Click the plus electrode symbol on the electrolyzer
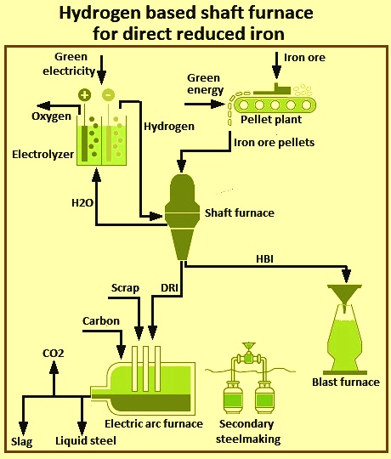pyautogui.click(x=84, y=95)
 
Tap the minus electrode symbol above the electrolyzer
pyautogui.click(x=108, y=95)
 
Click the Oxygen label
pyautogui.click(x=52, y=116)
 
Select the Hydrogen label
pyautogui.click(x=169, y=127)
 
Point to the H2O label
pyautogui.click(x=82, y=202)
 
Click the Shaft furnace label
pyautogui.click(x=240, y=212)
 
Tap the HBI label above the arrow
pyautogui.click(x=265, y=258)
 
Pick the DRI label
pyautogui.click(x=169, y=288)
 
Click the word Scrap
pyautogui.click(x=125, y=288)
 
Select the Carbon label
pyautogui.click(x=101, y=320)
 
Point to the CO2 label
pyautogui.click(x=54, y=354)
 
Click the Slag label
pyautogui.click(x=21, y=442)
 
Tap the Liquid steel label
pyautogui.click(x=86, y=441)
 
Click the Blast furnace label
pyautogui.click(x=346, y=382)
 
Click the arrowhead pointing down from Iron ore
pyautogui.click(x=276, y=72)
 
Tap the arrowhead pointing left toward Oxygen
pyautogui.click(x=42, y=105)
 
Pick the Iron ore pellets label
pyautogui.click(x=275, y=143)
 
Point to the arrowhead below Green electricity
pyautogui.click(x=101, y=78)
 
